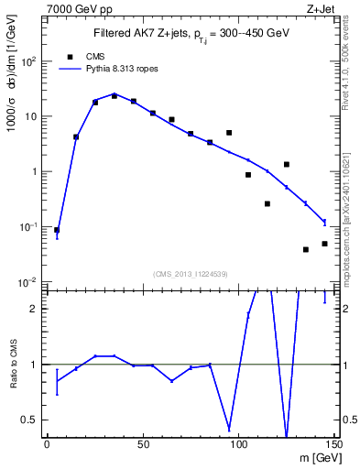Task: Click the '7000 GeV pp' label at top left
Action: [72, 8]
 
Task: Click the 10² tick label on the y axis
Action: [28, 61]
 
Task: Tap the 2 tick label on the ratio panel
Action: [34, 309]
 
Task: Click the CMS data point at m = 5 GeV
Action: [57, 230]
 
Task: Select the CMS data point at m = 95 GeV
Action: [229, 133]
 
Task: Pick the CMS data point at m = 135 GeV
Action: [306, 249]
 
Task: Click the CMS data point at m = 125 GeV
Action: [287, 165]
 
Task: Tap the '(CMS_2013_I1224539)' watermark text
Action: [191, 273]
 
